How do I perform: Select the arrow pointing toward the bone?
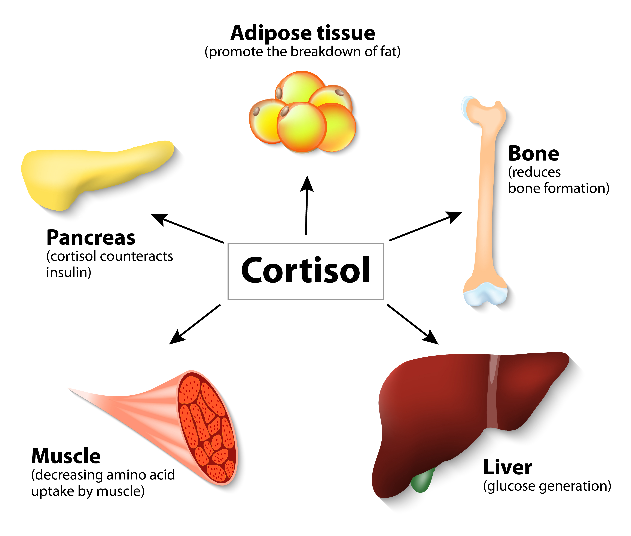coord(425,226)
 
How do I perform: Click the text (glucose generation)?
coord(547,486)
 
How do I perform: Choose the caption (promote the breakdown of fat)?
coord(303,52)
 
